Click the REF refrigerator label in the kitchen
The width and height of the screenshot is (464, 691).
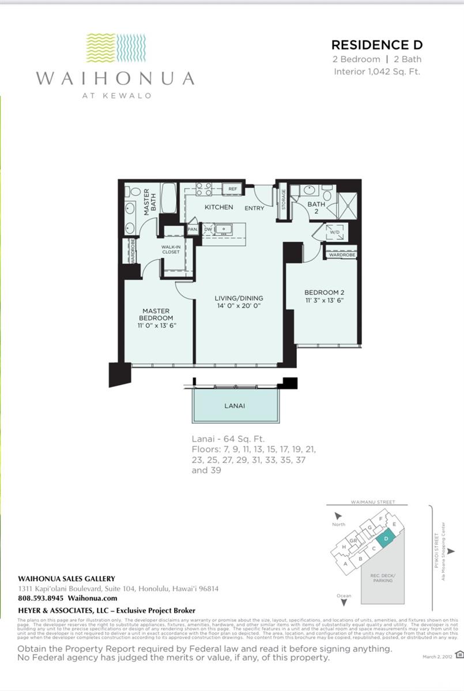point(232,189)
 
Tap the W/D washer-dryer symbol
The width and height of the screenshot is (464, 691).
point(333,233)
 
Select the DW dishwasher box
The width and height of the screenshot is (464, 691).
point(208,229)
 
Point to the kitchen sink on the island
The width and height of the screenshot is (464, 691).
point(225,229)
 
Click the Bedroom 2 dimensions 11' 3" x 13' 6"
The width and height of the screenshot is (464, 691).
point(324,300)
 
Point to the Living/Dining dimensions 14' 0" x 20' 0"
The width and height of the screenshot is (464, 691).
point(239,306)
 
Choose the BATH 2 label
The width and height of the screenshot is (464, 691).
point(316,207)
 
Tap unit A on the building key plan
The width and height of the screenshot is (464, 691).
point(345,564)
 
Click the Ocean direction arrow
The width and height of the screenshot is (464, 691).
point(344,602)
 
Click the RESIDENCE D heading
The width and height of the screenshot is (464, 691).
point(377,45)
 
